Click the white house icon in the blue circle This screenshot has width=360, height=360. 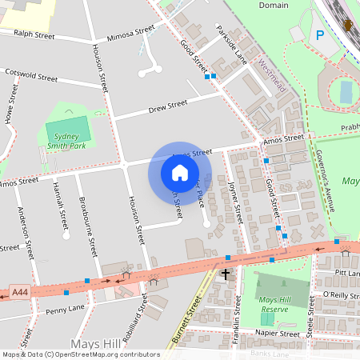tap(179, 173)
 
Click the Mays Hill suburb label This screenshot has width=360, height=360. tap(95, 343)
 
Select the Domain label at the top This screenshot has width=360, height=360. tap(274, 6)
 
